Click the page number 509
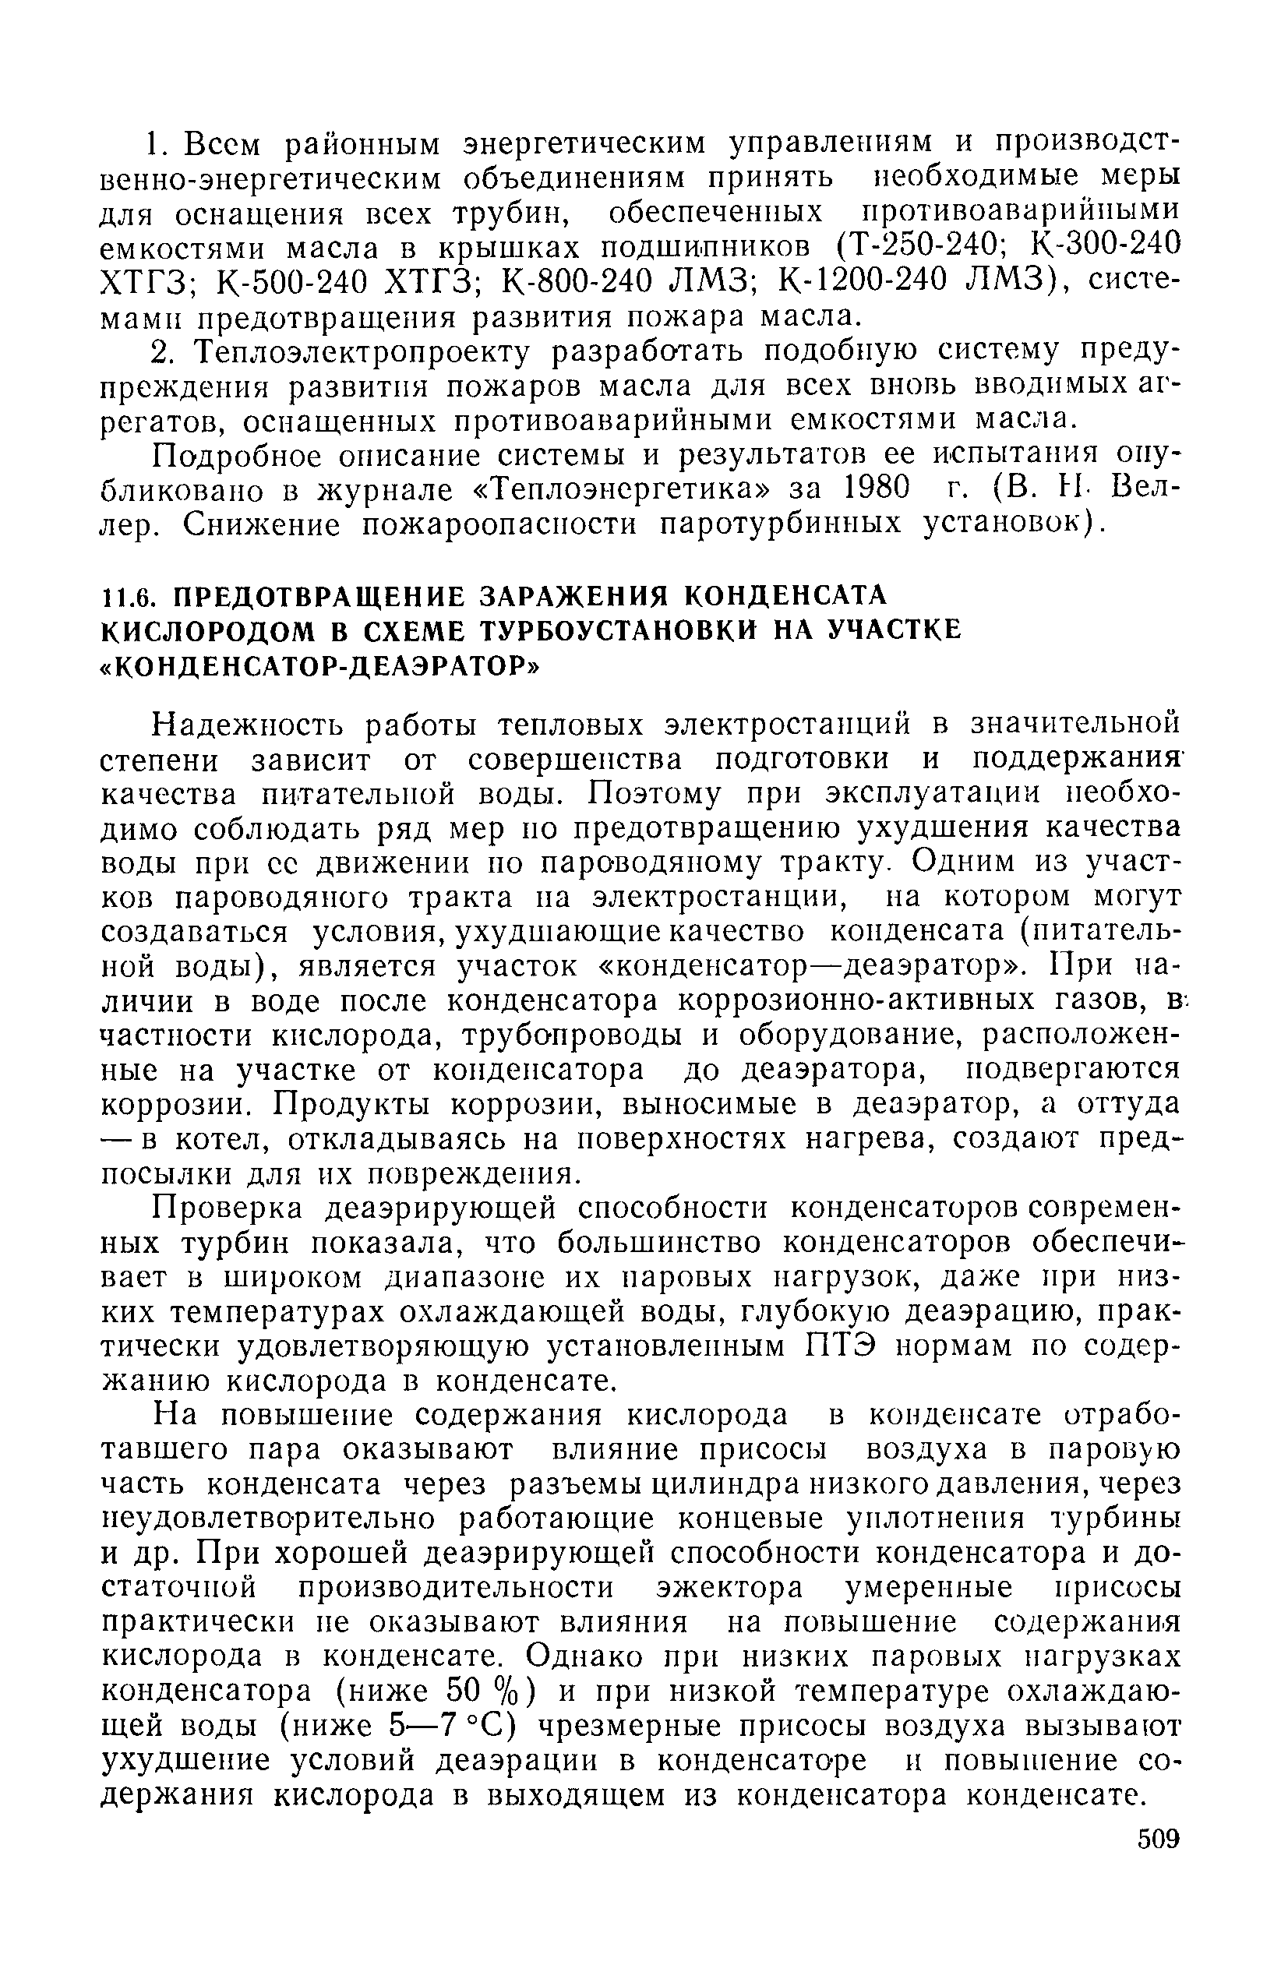tap(1159, 1839)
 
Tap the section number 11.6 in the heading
tap(124, 596)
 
